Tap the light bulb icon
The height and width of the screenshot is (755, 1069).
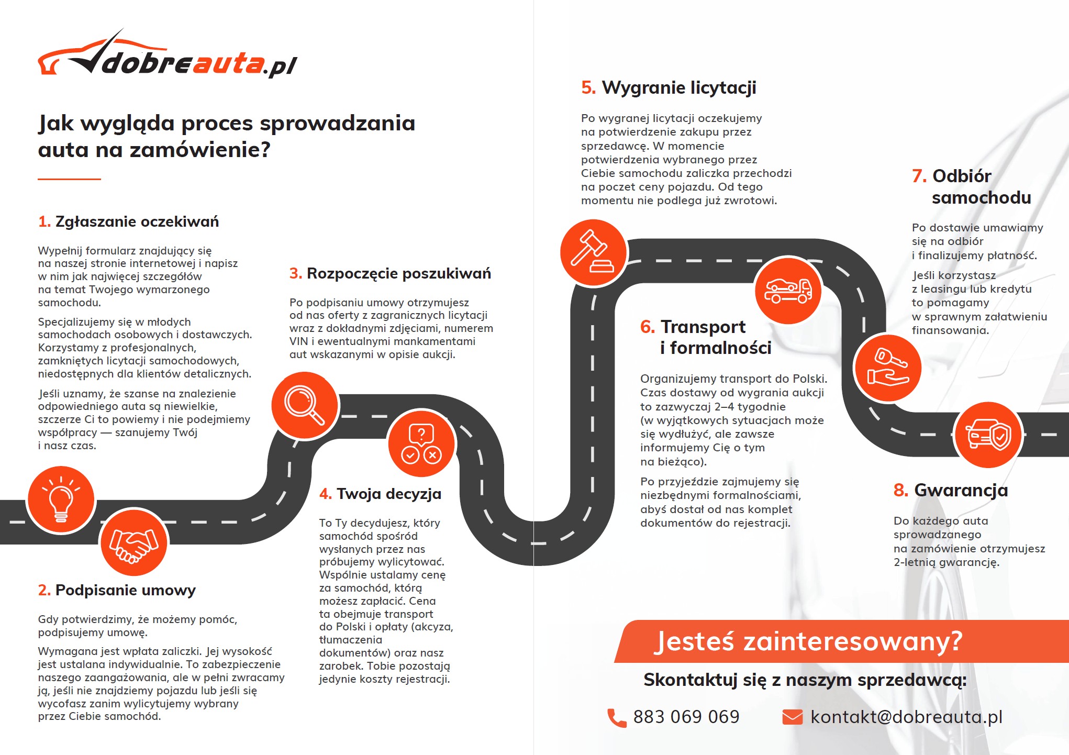click(x=61, y=499)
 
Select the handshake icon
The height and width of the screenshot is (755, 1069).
click(x=133, y=542)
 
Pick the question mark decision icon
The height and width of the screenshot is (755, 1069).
click(x=421, y=443)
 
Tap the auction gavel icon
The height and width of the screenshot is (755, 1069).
click(x=593, y=252)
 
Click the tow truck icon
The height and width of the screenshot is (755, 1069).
click(x=788, y=290)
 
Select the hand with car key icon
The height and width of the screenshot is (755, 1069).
click(x=887, y=368)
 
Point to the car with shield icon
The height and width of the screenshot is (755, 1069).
click(x=988, y=435)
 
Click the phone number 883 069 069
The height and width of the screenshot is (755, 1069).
click(x=686, y=717)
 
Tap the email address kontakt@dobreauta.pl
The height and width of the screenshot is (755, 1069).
click(x=906, y=717)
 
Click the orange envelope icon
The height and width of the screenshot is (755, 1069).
click(x=792, y=717)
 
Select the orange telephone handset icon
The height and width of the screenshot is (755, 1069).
click(x=616, y=718)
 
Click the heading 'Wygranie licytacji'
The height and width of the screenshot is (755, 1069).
click(x=678, y=87)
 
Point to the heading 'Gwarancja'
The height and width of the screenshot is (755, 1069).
click(x=961, y=490)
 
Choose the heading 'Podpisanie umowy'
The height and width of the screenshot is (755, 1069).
click(x=125, y=590)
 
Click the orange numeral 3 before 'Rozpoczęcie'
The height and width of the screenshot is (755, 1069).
click(x=295, y=273)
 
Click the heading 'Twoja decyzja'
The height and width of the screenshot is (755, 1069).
click(x=389, y=494)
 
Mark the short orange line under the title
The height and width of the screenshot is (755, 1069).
click(x=69, y=179)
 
